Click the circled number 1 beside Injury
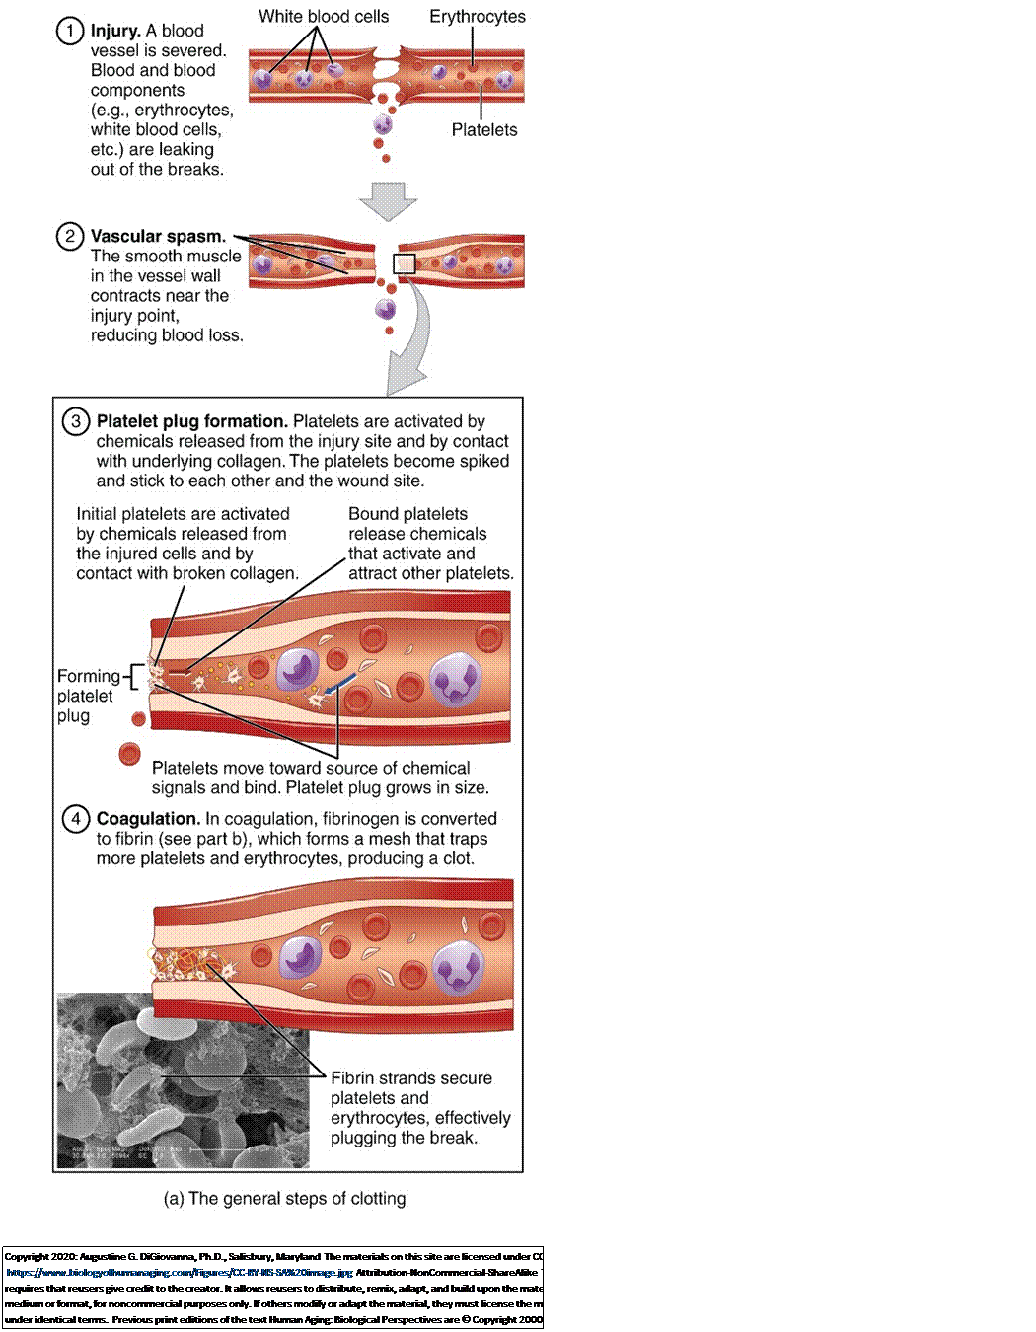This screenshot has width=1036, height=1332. (69, 32)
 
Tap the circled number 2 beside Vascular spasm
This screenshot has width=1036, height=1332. (69, 237)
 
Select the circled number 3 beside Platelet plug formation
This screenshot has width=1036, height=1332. (76, 422)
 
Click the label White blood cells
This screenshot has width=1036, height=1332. (324, 17)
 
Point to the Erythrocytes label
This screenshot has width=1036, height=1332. (478, 17)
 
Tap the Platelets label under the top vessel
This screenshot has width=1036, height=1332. (484, 130)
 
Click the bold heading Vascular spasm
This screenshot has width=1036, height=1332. (158, 237)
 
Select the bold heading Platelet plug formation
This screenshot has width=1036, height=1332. (191, 421)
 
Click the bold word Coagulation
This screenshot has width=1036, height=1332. (148, 819)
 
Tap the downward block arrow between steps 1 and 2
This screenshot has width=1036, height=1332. (388, 200)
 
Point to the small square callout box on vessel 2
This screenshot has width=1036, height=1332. (405, 263)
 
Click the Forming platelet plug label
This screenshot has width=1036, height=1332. (87, 696)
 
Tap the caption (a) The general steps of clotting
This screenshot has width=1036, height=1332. (284, 1199)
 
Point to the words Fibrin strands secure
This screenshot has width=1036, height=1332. (411, 1078)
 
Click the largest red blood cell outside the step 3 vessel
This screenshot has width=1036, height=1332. (129, 755)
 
